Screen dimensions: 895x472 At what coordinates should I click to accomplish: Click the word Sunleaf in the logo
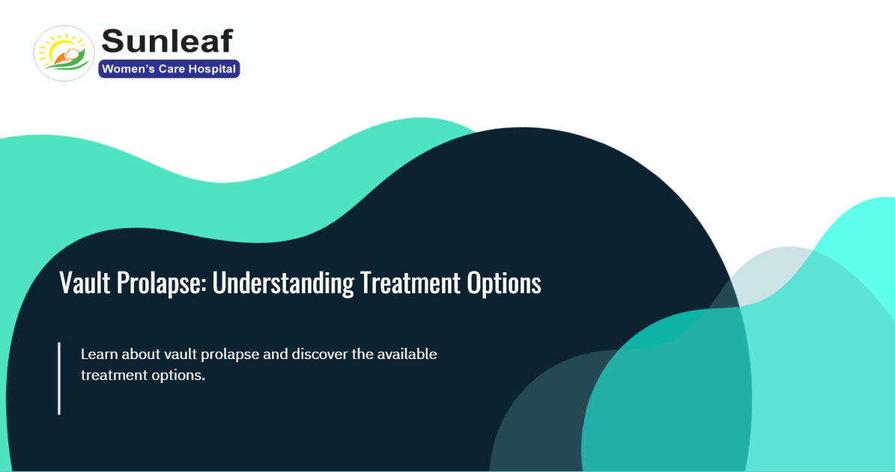167,41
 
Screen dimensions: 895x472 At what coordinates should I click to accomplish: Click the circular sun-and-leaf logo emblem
64,53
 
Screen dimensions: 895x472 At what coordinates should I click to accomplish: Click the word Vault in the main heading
85,283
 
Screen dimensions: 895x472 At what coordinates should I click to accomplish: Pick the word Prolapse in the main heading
162,284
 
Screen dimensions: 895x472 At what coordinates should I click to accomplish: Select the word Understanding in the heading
283,284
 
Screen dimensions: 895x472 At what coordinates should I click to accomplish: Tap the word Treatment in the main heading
410,283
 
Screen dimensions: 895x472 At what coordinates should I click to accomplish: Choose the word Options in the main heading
504,284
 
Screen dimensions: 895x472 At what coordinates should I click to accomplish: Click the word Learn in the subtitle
100,354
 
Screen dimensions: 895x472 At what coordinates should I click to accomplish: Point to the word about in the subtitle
141,354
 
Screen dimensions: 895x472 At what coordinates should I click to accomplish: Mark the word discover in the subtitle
320,354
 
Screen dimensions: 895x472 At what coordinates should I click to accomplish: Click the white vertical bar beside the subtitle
59,378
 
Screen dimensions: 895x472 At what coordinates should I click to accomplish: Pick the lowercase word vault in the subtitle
181,354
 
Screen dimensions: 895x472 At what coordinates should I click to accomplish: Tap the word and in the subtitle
276,354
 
